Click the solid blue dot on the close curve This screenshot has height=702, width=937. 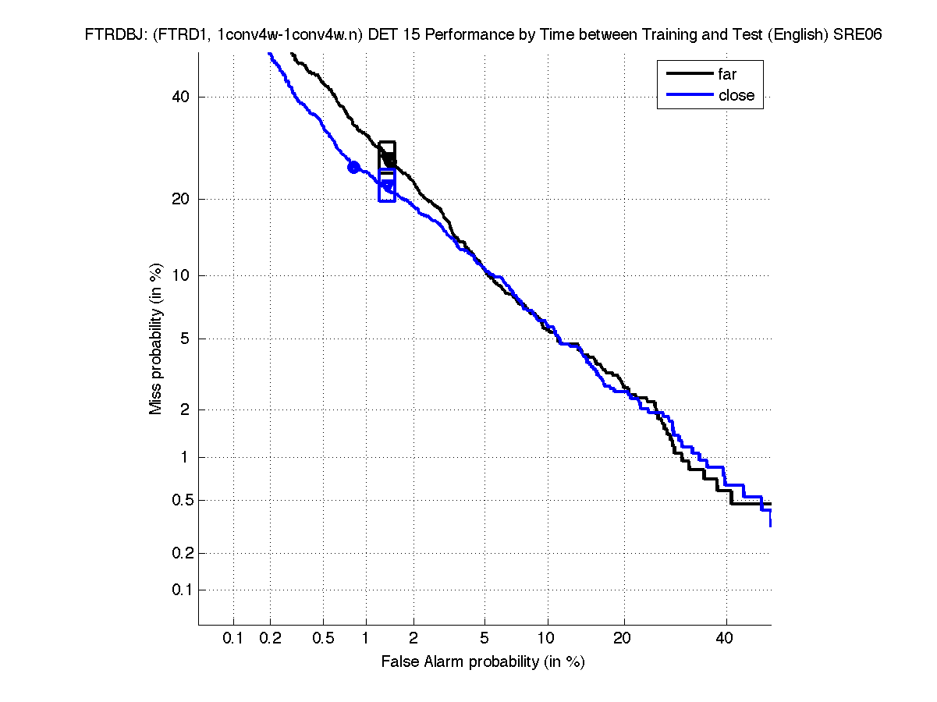click(353, 167)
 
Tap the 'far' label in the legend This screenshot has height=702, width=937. click(727, 74)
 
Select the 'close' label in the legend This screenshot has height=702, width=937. click(736, 95)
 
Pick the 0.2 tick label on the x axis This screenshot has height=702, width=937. click(271, 638)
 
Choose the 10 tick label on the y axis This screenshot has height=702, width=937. click(181, 275)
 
